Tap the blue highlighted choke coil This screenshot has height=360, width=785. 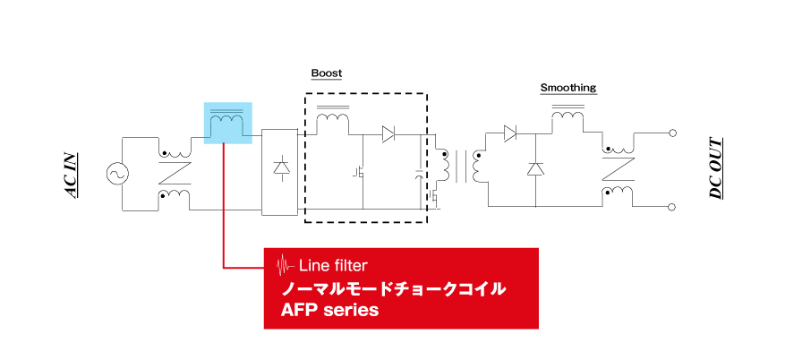point(227,123)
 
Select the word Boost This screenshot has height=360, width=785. point(327,73)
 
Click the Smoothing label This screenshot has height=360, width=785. point(568,88)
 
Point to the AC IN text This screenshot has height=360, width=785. point(73,175)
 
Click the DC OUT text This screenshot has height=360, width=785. point(716,168)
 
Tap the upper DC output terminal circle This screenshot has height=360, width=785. point(672,133)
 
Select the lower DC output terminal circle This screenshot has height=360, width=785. point(672,207)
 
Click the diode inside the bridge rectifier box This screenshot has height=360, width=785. point(280,167)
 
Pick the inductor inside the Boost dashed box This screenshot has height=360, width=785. point(333,120)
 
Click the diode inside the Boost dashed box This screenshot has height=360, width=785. point(388,134)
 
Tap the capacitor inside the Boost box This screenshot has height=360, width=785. point(420,175)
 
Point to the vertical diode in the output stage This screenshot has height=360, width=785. point(535,168)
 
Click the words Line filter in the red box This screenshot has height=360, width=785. point(333,265)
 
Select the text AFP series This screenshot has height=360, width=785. point(329,310)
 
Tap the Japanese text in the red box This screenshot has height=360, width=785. point(394,289)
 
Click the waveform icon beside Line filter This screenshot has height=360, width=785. point(286,265)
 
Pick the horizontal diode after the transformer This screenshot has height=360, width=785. point(509,133)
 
